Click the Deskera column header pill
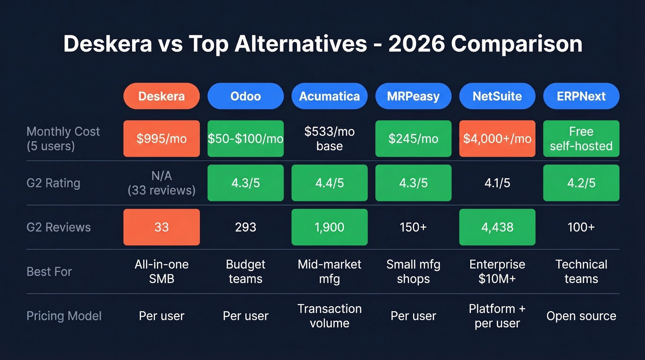point(161,96)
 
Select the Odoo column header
point(246,96)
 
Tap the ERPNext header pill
point(581,96)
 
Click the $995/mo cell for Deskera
point(161,139)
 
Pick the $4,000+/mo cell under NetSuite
point(497,139)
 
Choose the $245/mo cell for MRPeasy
point(413,139)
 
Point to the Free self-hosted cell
point(581,139)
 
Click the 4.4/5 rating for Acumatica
point(329,183)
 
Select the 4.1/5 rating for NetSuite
point(497,183)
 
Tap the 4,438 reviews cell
point(497,227)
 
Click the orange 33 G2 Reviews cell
point(161,227)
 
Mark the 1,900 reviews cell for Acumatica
point(329,227)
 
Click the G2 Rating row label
point(53,183)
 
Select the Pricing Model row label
point(64,316)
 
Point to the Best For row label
point(49,271)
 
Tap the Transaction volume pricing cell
point(329,316)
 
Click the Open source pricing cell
point(581,316)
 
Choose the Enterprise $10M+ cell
point(497,271)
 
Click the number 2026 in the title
point(416,44)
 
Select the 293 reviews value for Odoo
point(246,227)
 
